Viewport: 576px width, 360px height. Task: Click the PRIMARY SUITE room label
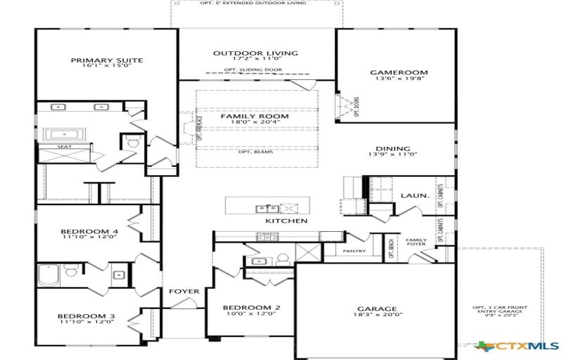[x=107, y=60]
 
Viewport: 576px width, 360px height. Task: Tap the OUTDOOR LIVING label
[x=246, y=53]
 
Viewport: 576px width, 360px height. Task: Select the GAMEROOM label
[x=399, y=73]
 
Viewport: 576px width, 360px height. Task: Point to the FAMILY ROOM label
[x=254, y=117]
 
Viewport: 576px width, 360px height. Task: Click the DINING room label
[x=393, y=150]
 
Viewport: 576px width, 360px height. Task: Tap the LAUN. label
[x=415, y=196]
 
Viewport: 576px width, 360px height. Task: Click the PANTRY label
[x=354, y=251]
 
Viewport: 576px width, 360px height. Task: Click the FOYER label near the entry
[x=184, y=292]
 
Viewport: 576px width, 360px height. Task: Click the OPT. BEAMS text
[x=256, y=152]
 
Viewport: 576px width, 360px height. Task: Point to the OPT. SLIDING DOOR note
[x=253, y=70]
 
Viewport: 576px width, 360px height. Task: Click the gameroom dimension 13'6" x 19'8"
[x=399, y=79]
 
